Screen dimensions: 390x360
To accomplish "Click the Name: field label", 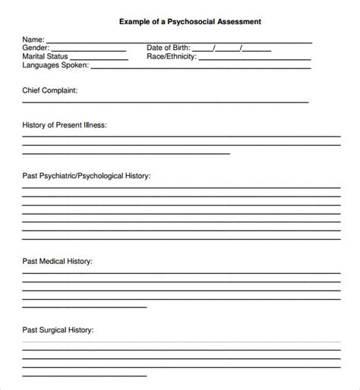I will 33,39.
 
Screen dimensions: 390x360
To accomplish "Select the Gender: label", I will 36,48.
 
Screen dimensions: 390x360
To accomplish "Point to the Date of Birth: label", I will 172,48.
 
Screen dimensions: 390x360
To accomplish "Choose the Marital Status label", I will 45,56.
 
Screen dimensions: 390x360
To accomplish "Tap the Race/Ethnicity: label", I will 172,56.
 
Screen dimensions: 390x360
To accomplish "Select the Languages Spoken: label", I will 55,65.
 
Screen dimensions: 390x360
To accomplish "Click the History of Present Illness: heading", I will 65,124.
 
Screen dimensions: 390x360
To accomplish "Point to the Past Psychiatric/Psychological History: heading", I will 87,175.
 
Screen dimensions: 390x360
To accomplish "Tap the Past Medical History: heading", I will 58,261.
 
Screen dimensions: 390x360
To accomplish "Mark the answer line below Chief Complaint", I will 166,102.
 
